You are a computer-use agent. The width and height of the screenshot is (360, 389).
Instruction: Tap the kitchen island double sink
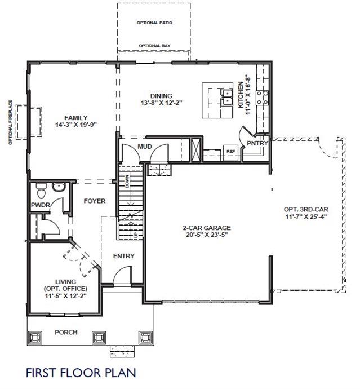point(226,97)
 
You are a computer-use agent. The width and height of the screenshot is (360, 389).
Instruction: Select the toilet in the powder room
point(41,191)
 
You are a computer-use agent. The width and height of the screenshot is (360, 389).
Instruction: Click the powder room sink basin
point(59,187)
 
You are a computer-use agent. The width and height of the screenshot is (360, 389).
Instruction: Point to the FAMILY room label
point(76,118)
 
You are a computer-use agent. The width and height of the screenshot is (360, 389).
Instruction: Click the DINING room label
point(161,96)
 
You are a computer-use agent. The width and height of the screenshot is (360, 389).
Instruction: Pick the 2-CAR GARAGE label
point(207,228)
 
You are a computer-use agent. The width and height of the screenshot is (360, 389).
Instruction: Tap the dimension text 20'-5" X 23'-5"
point(207,235)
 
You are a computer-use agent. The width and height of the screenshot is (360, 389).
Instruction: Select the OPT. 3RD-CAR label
point(306,209)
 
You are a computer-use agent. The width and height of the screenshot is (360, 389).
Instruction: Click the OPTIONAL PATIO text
point(154,23)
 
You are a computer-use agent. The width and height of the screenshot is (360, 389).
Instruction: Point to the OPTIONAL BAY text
point(154,46)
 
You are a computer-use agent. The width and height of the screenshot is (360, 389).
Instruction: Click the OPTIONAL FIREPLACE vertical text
point(10,122)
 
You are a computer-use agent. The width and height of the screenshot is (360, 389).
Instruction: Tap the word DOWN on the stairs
point(127,182)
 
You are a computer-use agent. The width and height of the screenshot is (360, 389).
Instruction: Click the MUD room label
point(145,147)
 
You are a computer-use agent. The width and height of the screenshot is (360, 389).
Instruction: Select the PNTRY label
point(257,143)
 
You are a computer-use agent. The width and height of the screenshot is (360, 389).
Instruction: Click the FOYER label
point(95,201)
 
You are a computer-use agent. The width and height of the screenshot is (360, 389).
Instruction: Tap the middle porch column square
point(99,337)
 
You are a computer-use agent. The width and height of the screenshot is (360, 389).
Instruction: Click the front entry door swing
point(122,275)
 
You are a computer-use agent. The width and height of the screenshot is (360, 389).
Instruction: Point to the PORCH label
point(66,332)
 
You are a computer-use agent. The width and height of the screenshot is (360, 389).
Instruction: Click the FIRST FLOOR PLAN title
point(81,373)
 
